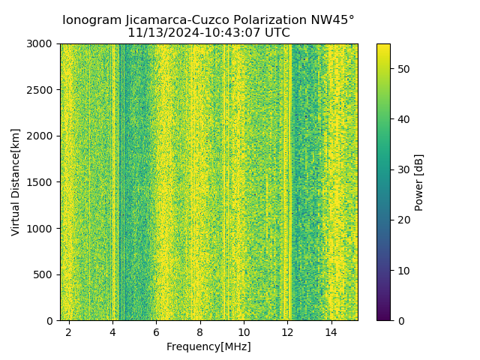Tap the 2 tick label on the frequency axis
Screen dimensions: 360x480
coord(69,332)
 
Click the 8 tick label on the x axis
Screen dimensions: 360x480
coord(200,332)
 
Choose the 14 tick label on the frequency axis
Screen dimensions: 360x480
coord(331,332)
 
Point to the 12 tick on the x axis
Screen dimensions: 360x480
coord(287,332)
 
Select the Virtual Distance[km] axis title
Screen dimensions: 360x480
coord(16,182)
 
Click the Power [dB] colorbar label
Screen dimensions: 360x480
coord(419,182)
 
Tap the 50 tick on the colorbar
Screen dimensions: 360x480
coord(402,68)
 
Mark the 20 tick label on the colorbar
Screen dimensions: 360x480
coord(402,220)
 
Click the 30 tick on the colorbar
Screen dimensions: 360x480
coord(402,169)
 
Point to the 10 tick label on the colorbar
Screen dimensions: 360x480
coord(402,270)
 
